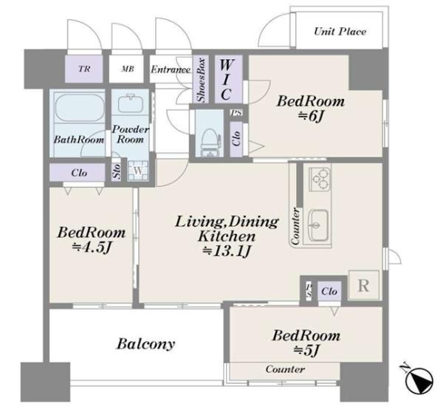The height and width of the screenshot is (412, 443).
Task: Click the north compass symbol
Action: tap(419, 380)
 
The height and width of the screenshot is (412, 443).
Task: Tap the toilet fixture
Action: tap(210, 142)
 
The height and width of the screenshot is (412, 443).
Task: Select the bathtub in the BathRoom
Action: tap(79, 108)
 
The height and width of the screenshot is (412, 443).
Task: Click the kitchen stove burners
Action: tap(320, 179)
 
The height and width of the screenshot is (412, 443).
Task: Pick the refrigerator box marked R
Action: tap(363, 285)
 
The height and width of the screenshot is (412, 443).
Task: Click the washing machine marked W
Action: tap(137, 171)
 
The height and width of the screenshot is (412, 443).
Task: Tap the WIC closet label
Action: tap(226, 80)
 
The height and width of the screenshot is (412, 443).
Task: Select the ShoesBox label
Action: tap(201, 80)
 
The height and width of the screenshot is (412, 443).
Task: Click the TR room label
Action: tap(84, 69)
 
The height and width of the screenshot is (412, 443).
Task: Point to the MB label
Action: tap(128, 69)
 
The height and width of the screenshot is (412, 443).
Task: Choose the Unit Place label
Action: tap(340, 31)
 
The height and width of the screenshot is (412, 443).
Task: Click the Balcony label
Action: tap(145, 344)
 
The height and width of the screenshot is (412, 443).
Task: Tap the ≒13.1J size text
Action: tap(227, 250)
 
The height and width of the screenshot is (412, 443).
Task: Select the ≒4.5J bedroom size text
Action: tap(92, 247)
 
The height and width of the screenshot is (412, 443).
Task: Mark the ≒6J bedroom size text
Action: tap(311, 116)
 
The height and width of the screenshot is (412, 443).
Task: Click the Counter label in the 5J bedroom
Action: tap(285, 369)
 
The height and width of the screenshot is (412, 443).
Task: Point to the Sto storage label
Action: tap(117, 171)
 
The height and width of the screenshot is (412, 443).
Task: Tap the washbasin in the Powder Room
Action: tap(131, 104)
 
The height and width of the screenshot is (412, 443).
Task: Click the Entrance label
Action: tap(171, 69)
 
